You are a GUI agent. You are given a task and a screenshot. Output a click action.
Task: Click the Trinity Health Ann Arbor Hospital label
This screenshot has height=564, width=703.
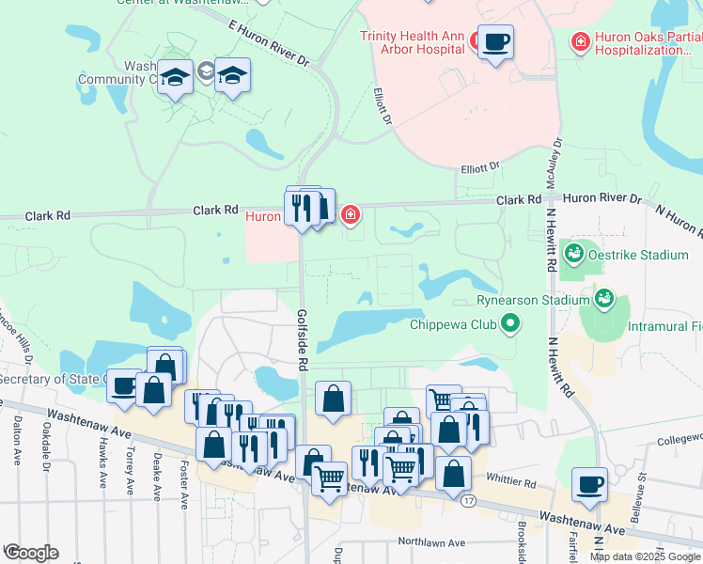(413, 43)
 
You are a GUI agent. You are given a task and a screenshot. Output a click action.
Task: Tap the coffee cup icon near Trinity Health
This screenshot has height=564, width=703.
(495, 42)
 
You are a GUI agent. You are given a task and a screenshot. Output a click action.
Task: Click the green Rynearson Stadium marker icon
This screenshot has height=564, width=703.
(604, 300)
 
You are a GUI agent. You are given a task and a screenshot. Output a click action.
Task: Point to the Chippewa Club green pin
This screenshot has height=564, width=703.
(510, 325)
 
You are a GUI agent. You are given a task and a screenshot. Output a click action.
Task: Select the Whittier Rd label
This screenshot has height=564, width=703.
(517, 483)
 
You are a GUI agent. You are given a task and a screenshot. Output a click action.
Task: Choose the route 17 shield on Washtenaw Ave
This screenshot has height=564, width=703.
(468, 500)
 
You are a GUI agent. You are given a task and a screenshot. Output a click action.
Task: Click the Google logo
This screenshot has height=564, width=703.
(31, 552)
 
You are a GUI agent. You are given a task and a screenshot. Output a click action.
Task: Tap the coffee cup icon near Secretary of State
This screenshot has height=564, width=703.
(123, 384)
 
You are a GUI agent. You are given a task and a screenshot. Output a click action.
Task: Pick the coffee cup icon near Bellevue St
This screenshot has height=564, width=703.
(589, 484)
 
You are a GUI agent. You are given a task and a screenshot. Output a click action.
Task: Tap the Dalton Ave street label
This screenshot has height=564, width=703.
(17, 442)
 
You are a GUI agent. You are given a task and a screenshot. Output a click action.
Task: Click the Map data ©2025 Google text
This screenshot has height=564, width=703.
(645, 556)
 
